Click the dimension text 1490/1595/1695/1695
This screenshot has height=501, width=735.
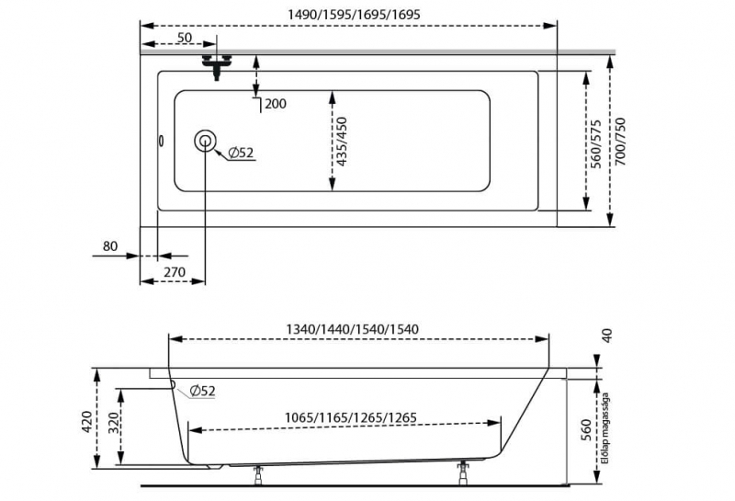tap(354, 15)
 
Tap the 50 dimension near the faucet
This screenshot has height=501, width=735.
tap(185, 37)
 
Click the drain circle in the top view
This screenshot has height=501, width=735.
tap(205, 141)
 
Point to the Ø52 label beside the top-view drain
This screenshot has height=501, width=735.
tap(241, 153)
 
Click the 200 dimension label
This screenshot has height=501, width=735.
tap(276, 104)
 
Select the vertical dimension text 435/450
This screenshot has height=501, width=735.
tap(342, 142)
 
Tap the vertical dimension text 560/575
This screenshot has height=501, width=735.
tap(595, 144)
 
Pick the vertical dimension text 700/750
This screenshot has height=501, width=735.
tap(620, 142)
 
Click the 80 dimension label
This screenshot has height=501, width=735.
tap(110, 245)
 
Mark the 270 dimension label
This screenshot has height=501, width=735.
tap(175, 271)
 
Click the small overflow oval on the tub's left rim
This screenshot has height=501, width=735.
tap(162, 141)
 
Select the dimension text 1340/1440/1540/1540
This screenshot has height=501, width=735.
tap(353, 329)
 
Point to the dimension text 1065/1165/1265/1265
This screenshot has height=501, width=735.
tap(351, 417)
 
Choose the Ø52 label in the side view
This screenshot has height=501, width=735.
tap(202, 390)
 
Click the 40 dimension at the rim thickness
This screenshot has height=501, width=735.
tap(606, 336)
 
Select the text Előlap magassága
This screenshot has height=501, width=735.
tap(605, 427)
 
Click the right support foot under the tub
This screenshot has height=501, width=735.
tap(464, 473)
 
